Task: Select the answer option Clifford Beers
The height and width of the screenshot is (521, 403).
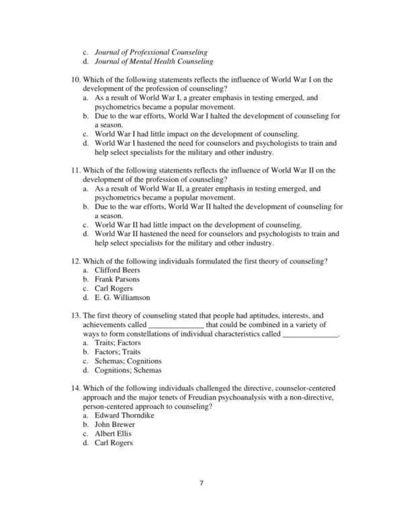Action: coord(118,269)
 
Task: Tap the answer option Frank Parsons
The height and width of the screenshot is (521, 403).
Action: coord(117,278)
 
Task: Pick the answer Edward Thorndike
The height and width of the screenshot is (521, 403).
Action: coord(124,416)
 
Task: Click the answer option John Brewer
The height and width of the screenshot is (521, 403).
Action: coord(115,424)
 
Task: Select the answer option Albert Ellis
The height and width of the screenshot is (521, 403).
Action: coord(113,434)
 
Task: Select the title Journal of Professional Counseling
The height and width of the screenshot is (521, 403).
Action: coord(150,52)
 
